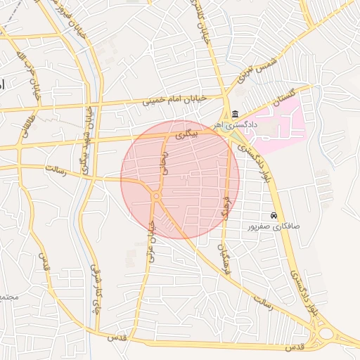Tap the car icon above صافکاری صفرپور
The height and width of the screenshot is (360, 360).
coord(274,215)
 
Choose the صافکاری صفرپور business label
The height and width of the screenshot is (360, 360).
coord(274,228)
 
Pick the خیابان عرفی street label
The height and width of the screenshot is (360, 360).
coord(150,241)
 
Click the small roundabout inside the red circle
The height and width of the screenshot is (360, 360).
coord(155,197)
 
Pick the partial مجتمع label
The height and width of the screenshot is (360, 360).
coord(7,297)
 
